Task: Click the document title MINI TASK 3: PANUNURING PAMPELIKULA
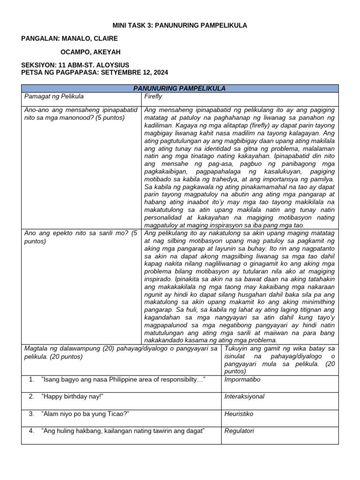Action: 180,25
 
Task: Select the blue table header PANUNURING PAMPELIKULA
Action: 180,88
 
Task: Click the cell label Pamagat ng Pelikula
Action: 54,96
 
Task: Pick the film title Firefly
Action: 153,96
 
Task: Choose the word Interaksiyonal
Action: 245,397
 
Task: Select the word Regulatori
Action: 240,431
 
